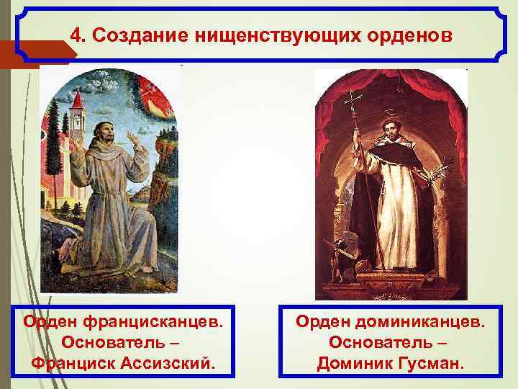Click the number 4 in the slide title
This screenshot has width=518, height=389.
[77, 35]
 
